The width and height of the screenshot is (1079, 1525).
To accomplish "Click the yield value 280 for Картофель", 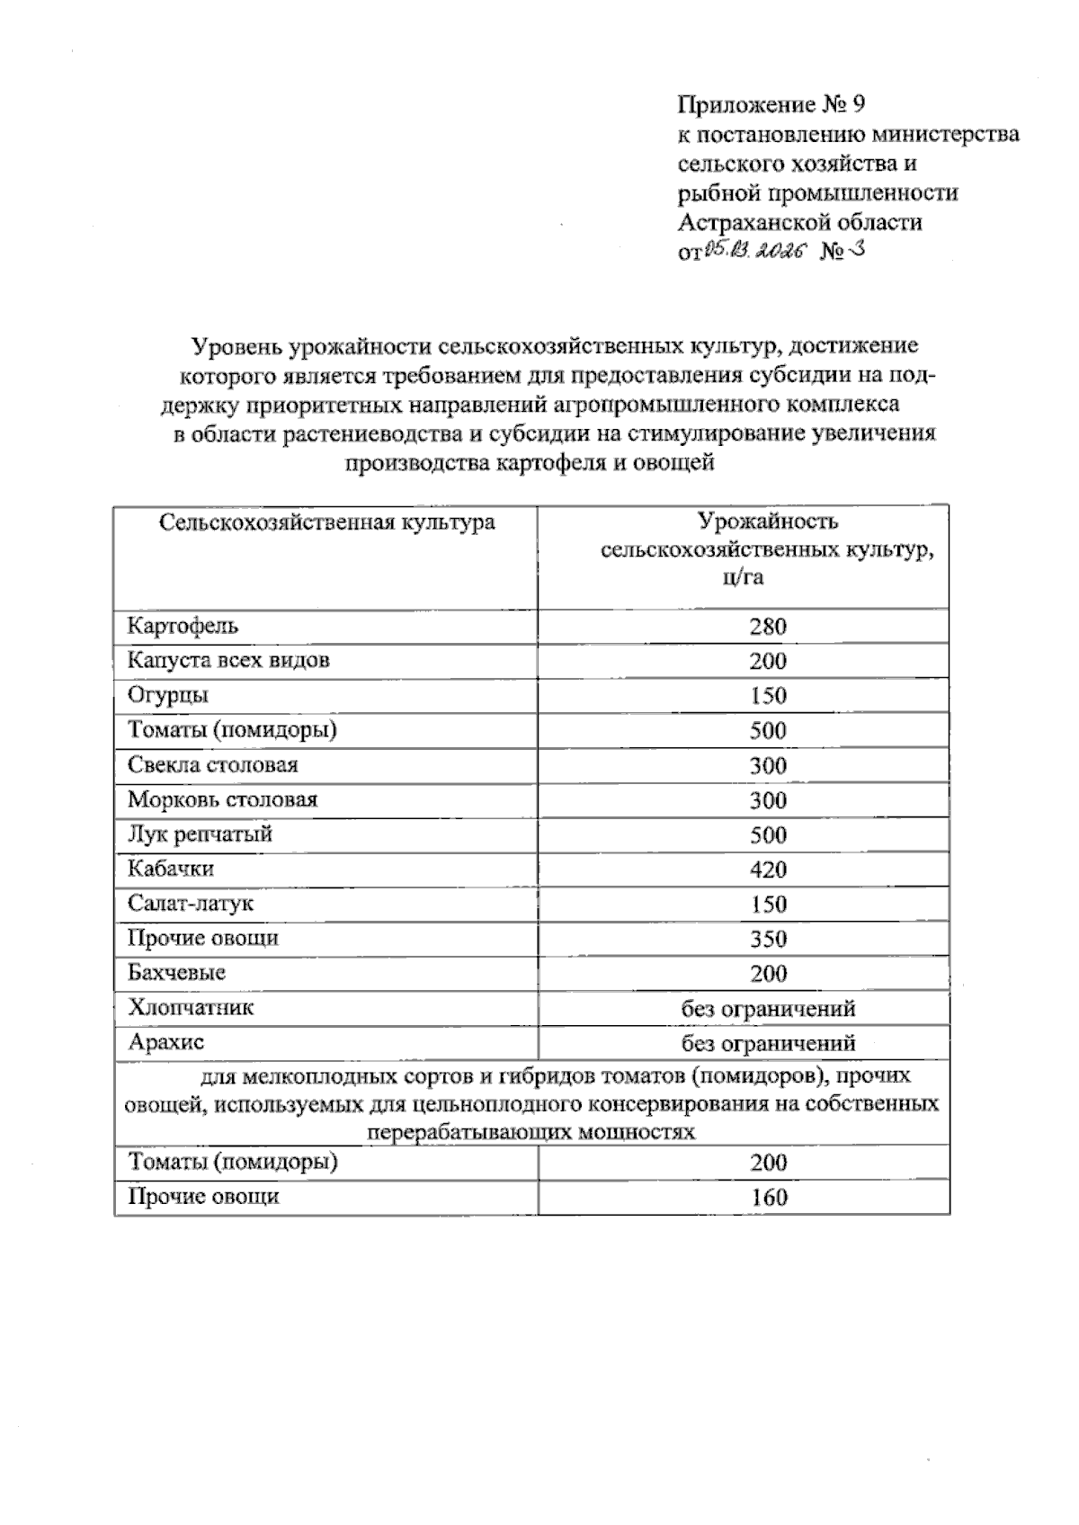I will [768, 627].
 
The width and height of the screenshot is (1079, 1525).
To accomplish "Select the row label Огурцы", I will [168, 695].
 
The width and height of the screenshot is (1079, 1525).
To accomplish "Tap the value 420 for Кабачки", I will [768, 870].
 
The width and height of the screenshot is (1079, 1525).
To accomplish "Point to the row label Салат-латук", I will [191, 904].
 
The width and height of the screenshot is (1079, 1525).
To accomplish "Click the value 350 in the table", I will [768, 939].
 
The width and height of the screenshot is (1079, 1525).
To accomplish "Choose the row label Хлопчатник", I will [191, 1007].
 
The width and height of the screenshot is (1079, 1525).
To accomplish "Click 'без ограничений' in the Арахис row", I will [768, 1043].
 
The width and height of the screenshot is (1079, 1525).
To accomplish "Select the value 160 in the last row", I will [768, 1197].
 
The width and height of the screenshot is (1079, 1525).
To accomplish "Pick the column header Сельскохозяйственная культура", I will [327, 522].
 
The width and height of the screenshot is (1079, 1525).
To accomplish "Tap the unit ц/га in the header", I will [743, 577].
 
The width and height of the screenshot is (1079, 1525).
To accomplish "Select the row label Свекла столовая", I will [212, 765].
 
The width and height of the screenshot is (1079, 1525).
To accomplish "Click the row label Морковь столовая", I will [222, 799].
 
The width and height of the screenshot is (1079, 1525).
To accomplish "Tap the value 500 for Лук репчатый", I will [768, 835].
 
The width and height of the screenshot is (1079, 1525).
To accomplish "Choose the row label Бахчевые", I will [176, 973].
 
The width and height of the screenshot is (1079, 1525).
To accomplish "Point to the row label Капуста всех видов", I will [228, 661].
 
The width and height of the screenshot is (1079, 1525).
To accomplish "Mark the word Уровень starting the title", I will [235, 346].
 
